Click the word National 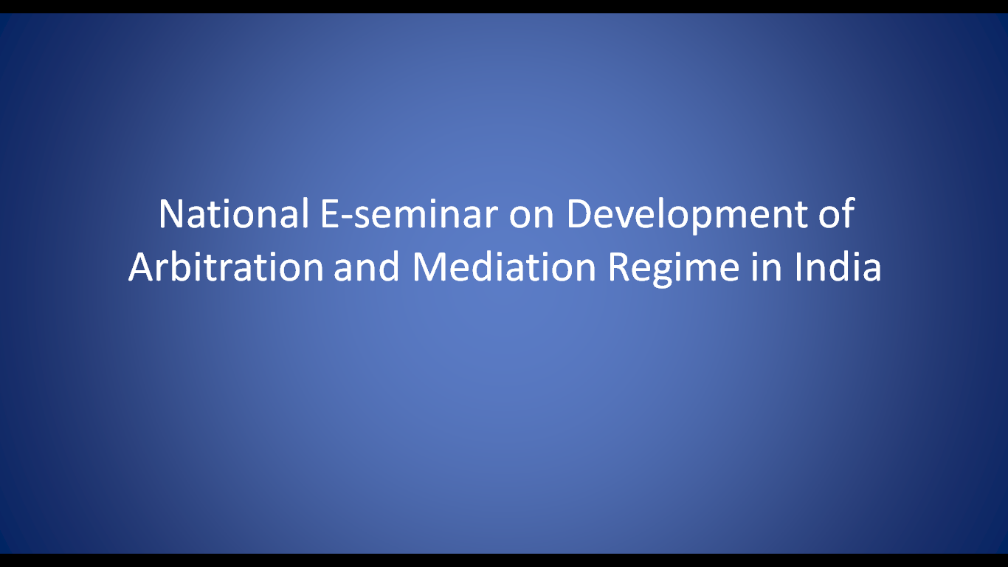pyautogui.click(x=233, y=214)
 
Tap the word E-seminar pyautogui.click(x=410, y=214)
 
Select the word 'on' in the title pyautogui.click(x=531, y=219)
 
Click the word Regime pyautogui.click(x=673, y=269)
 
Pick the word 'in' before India pyautogui.click(x=765, y=267)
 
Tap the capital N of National pyautogui.click(x=171, y=214)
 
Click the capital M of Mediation pyautogui.click(x=429, y=267)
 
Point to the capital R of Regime pyautogui.click(x=619, y=267)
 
